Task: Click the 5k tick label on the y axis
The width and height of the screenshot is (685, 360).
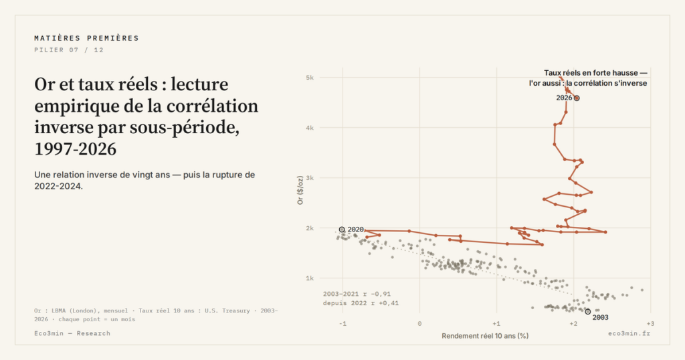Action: coord(310,78)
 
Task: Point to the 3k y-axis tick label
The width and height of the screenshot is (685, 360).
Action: coord(310,178)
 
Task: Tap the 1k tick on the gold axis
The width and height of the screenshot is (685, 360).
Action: coord(310,278)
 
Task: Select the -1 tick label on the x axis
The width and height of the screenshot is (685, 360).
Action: coord(342,324)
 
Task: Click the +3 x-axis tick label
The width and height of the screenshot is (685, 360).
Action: coord(650,324)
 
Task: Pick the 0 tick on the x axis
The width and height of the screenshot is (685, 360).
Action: coord(419,324)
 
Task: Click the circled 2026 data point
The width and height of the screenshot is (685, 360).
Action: coord(577,98)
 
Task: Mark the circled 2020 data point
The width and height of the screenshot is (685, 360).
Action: coord(342,230)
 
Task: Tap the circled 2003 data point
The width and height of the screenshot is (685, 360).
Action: coord(588,312)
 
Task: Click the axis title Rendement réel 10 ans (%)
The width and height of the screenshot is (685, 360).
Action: coord(485,336)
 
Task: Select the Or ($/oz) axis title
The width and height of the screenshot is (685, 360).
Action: coord(300,190)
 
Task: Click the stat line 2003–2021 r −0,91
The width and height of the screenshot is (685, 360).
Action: coord(357,294)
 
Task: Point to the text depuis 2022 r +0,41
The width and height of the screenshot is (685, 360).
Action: coord(361,303)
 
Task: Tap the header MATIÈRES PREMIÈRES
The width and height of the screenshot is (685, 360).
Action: coord(86,38)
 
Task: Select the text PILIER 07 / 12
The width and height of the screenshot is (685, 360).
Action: coord(69,50)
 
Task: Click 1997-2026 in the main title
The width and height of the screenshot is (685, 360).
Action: coord(76,149)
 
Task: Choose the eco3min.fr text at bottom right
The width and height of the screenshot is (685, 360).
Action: coord(629,333)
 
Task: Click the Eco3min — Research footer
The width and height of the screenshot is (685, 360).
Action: coord(72,333)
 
